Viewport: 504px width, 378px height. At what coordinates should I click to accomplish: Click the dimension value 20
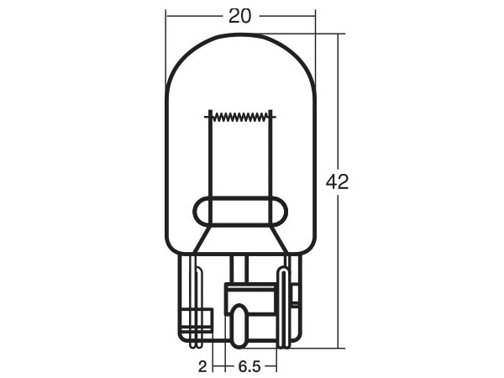tap(239, 16)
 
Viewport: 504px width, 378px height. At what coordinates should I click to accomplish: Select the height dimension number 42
tap(337, 182)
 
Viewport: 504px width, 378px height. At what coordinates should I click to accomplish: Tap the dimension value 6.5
tap(249, 366)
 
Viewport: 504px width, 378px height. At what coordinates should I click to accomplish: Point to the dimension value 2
tap(202, 366)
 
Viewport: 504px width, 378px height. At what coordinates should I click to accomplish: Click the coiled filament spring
tap(240, 117)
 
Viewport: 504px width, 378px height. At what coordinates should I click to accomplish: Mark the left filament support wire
tap(211, 167)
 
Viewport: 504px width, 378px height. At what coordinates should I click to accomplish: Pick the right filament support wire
tap(270, 167)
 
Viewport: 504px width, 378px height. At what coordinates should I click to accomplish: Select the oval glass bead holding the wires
tap(240, 211)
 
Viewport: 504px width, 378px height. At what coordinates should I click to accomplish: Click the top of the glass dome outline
tap(240, 34)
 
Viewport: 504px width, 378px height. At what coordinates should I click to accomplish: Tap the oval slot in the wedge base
tap(239, 326)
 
